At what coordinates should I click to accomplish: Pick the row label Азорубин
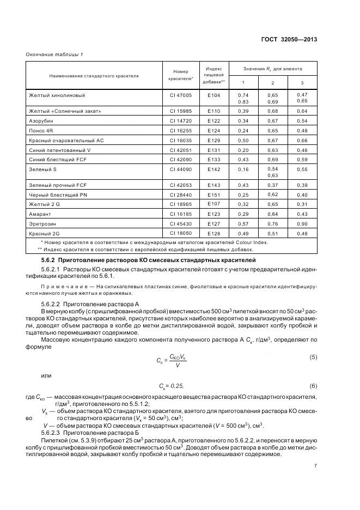click(x=41, y=120)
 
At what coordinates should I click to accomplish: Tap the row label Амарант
click(x=40, y=214)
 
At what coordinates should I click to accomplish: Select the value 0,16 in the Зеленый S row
click(x=243, y=169)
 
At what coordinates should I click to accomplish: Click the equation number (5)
click(x=313, y=357)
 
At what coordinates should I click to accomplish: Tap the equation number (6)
click(x=313, y=386)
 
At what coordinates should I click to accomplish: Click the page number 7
click(x=315, y=466)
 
